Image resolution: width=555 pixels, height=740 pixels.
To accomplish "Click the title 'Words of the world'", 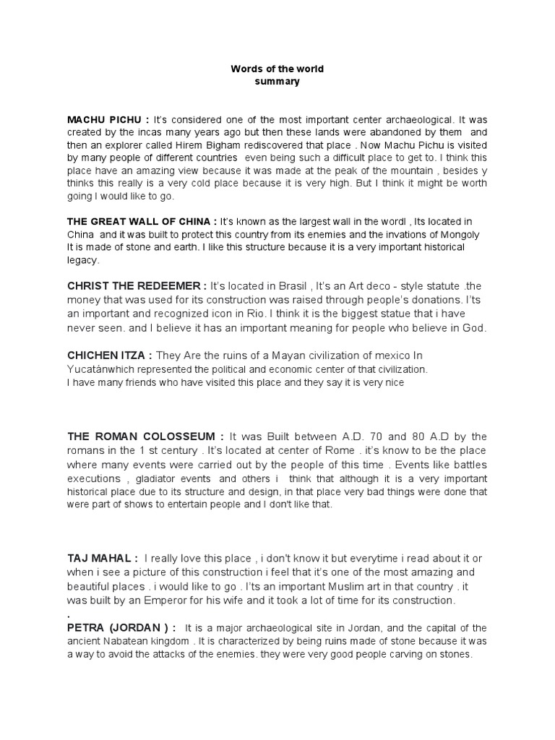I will tap(277, 69).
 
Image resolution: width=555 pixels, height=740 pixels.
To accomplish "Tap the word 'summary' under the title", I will tap(277, 82).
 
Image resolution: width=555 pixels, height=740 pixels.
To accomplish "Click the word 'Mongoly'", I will tap(460, 235).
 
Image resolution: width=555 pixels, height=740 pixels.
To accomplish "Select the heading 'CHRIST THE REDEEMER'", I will tap(134, 286).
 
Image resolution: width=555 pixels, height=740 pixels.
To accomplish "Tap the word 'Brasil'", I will tap(289, 286).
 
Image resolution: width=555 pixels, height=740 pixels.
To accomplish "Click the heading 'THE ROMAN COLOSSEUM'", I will tap(140, 436).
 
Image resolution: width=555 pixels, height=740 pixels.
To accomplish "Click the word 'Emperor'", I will tap(181, 600).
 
